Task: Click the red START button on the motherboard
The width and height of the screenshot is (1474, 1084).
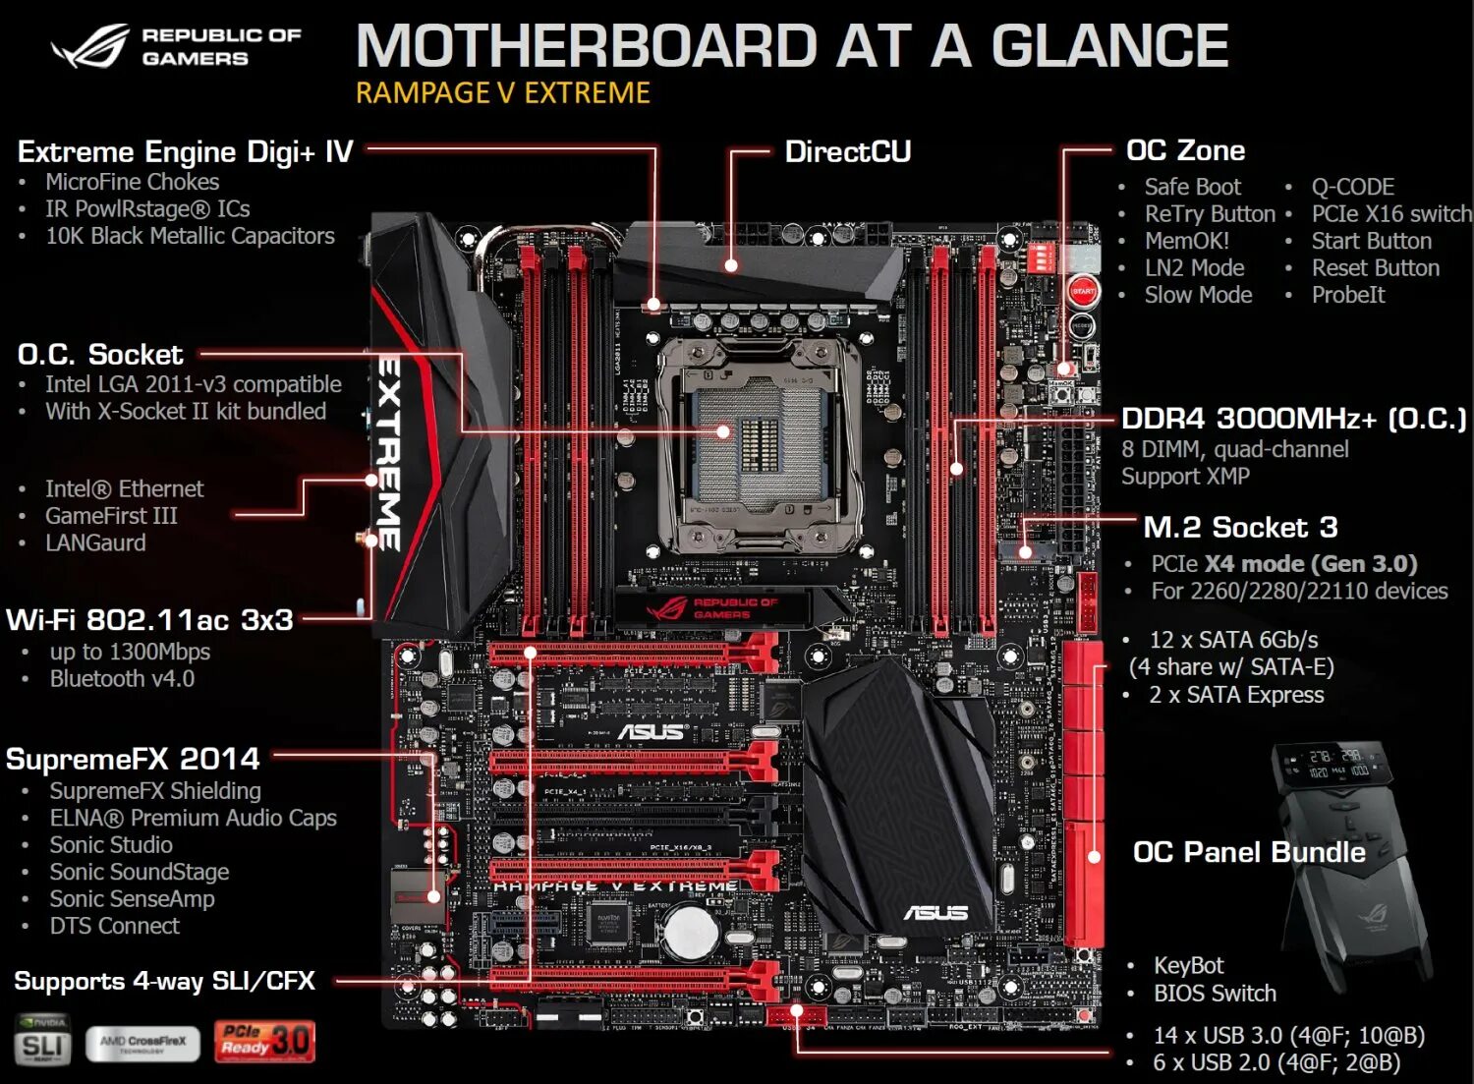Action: (x=1083, y=292)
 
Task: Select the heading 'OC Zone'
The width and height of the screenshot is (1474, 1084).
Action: (x=1185, y=150)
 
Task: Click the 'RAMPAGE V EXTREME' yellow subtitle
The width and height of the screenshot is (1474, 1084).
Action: (x=502, y=93)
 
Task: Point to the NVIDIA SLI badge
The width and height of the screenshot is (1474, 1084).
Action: (x=42, y=1041)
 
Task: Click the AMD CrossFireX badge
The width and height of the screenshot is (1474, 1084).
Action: (x=142, y=1043)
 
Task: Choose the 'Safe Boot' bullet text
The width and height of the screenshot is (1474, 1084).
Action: (x=1192, y=187)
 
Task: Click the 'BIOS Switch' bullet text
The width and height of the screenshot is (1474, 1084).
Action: (x=1215, y=994)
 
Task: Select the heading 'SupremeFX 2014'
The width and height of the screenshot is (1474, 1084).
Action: (x=133, y=759)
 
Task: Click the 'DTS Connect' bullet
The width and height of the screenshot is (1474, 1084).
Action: (x=115, y=926)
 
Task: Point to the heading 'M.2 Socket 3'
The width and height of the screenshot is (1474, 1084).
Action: (x=1240, y=528)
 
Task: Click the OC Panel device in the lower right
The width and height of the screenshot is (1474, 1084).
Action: (x=1352, y=865)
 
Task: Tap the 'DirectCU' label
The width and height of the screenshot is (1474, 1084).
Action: (x=847, y=151)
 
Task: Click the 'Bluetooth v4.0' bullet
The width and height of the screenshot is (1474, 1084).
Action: (x=122, y=679)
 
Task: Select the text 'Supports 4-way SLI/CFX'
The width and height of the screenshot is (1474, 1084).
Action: (x=164, y=981)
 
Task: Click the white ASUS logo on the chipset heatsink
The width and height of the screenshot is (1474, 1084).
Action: (x=935, y=913)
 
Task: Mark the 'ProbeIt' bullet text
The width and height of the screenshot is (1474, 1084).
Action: (x=1347, y=295)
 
